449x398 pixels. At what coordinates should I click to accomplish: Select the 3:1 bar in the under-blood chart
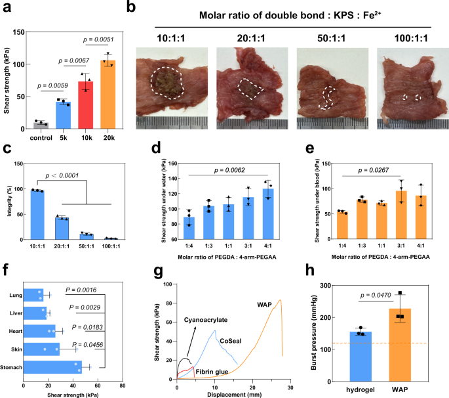tap(399, 215)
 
